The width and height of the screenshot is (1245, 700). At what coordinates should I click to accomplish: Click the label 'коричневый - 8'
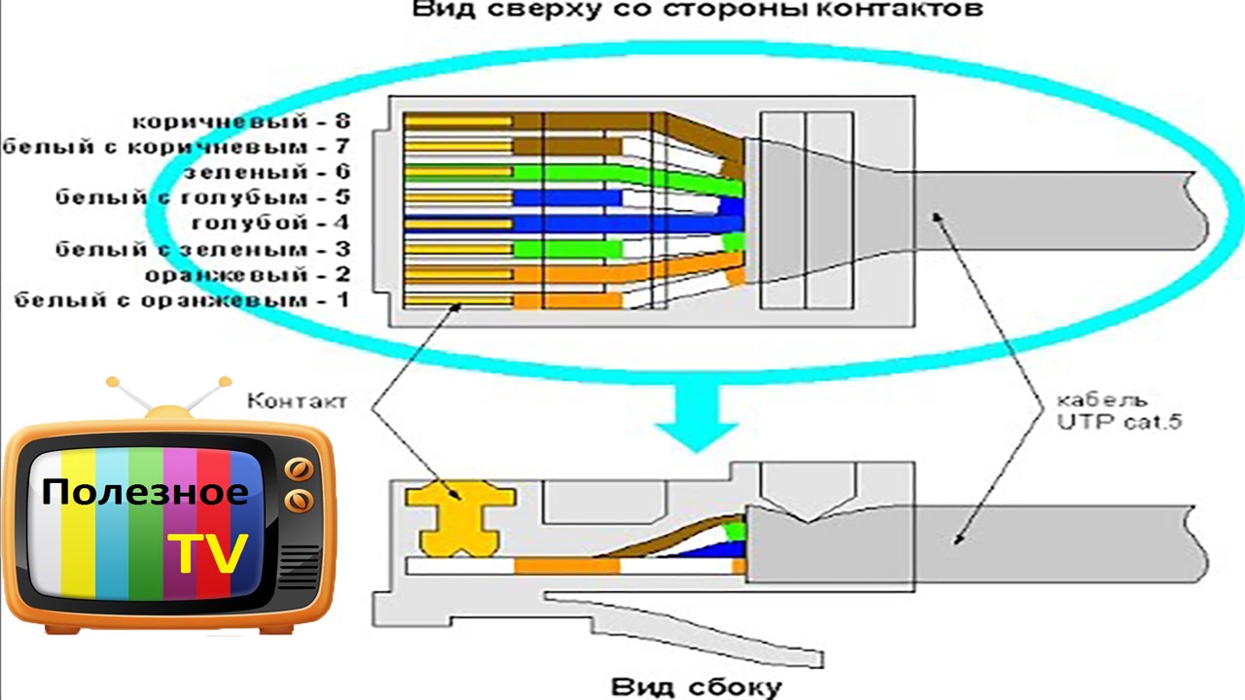coord(241,122)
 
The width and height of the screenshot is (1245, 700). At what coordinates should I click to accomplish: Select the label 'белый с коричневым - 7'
coord(176,147)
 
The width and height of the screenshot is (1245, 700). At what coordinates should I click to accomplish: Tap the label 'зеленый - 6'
coord(267,172)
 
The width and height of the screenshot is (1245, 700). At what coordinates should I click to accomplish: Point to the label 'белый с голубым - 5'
coord(203,197)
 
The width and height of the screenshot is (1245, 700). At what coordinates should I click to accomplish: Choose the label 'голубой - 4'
coord(270,223)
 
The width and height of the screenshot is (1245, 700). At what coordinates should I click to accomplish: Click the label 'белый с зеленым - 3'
coord(203,249)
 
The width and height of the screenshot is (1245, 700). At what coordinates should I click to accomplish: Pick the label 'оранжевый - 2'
coord(248,274)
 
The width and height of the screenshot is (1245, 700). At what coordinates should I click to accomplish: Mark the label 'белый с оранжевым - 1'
coord(182,300)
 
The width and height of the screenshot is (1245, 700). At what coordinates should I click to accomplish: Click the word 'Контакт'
coord(297,401)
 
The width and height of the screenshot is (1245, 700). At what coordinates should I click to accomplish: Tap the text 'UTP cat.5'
coord(1119,422)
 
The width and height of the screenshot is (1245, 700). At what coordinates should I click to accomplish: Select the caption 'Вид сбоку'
coord(696,687)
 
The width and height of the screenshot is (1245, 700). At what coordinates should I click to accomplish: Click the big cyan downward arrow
coord(696,418)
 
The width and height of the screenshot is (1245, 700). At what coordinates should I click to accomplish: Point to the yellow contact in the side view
coord(460,519)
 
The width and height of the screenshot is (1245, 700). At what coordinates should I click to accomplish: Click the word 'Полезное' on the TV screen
coord(145,493)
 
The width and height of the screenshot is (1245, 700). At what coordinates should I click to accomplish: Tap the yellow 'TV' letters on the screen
coord(207,554)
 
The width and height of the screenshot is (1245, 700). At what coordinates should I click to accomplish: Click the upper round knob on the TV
coord(299,470)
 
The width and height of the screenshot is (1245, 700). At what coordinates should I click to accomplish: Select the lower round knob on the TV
coord(299,502)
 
